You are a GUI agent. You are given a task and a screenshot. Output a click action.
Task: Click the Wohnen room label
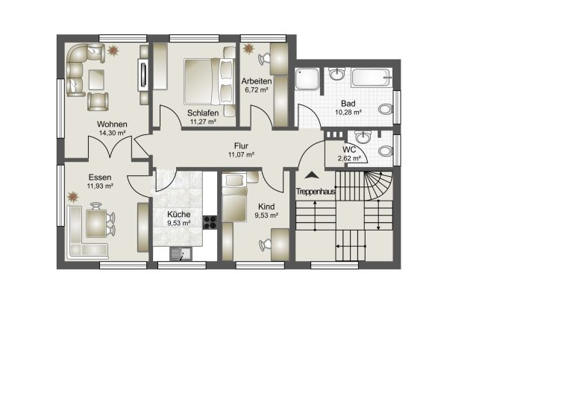112,124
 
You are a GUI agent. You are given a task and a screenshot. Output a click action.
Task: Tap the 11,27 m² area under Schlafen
203,122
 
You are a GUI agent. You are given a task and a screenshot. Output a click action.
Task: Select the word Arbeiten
257,81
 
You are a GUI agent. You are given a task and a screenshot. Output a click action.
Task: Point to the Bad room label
348,104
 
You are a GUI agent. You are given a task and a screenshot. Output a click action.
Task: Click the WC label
349,150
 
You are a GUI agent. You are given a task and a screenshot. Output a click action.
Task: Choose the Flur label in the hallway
241,146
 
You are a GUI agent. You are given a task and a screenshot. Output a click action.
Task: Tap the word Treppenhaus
316,192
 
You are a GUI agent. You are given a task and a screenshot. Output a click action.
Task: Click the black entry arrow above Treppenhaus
312,175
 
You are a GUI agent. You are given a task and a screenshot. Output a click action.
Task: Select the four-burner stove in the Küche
210,222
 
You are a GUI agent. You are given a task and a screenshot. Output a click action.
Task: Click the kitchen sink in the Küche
181,254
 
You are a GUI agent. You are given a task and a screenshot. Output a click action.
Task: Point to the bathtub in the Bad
372,77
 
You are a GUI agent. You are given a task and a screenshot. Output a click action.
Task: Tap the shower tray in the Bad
307,78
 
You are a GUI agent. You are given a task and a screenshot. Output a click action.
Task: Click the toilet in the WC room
386,151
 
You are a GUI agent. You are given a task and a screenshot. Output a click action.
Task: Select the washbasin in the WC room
363,137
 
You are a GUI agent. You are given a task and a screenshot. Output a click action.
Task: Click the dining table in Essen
96,224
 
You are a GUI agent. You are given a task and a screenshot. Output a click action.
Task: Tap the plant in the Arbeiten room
248,48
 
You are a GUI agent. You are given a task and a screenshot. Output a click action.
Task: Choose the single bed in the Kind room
234,198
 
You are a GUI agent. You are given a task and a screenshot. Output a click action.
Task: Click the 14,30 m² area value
112,133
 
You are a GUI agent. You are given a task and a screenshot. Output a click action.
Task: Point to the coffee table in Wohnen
96,79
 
